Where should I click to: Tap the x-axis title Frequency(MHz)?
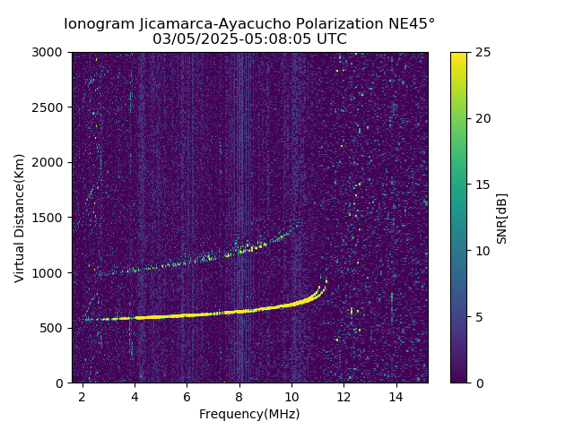tap(249, 414)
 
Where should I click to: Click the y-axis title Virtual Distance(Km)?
tap(19, 218)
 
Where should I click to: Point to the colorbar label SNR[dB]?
tap(501, 218)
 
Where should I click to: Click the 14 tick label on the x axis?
tap(396, 397)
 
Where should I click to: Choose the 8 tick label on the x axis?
tap(239, 397)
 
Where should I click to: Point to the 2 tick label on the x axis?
tap(83, 397)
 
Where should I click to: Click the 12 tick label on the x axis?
tap(344, 397)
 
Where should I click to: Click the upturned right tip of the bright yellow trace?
tap(326, 280)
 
